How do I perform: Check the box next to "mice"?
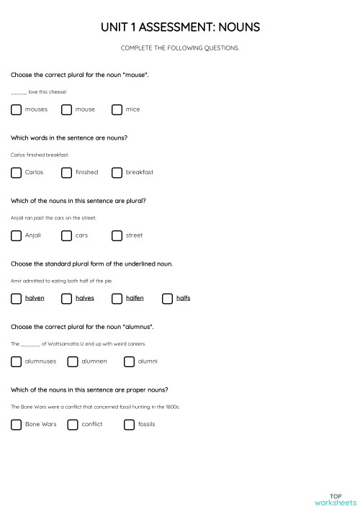click(117, 109)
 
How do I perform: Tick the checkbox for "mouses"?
click(16, 109)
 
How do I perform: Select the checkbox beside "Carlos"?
click(16, 172)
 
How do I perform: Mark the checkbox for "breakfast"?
click(117, 172)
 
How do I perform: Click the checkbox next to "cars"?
click(66, 235)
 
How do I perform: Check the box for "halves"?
click(66, 298)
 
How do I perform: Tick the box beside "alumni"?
click(129, 361)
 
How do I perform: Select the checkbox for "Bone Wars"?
click(16, 424)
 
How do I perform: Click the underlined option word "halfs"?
click(183, 298)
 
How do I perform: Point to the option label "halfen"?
click(135, 298)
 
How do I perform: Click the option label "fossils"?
click(146, 424)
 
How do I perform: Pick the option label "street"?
click(134, 235)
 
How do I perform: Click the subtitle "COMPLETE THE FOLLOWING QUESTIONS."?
click(180, 48)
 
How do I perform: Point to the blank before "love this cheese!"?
click(19, 92)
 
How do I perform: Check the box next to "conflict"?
click(72, 424)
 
